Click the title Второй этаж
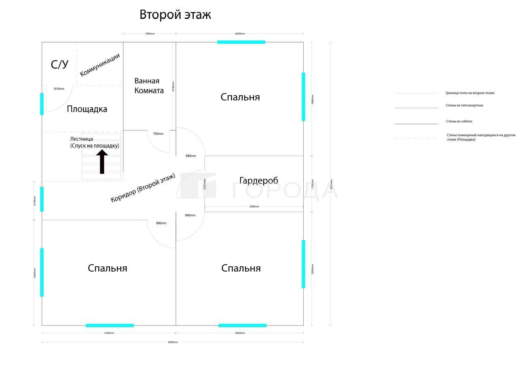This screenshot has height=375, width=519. click(175, 15)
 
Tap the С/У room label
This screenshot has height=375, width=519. click(60, 64)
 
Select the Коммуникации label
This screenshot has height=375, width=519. click(100, 65)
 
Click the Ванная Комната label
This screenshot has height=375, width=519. click(149, 86)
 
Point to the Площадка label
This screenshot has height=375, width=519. click(87, 109)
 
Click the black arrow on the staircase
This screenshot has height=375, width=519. click(102, 161)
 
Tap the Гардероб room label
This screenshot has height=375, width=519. click(259, 180)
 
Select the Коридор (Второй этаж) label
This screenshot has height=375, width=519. click(143, 188)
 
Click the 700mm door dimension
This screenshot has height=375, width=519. click(158, 133)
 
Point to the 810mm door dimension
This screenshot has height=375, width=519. click(59, 88)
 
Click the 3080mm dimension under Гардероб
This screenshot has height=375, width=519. click(254, 206)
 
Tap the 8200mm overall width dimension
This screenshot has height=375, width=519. click(173, 342)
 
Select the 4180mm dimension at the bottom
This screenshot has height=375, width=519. click(109, 333)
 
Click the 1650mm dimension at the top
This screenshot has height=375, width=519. click(150, 34)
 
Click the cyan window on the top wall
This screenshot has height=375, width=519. click(241, 42)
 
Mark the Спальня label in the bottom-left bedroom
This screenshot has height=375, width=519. click(107, 268)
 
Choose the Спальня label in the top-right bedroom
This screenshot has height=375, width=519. click(240, 97)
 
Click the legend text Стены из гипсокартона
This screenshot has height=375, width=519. click(464, 105)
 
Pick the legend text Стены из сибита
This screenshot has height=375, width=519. click(459, 121)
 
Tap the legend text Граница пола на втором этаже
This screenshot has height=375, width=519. click(470, 93)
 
